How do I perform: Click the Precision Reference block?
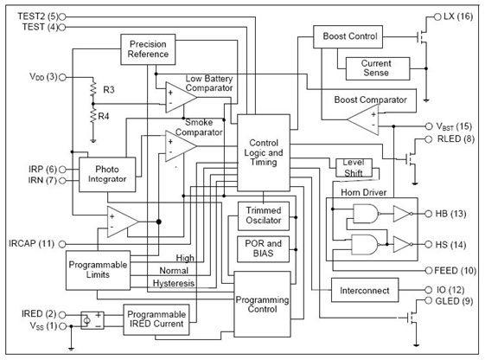148,49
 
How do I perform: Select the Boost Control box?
348,37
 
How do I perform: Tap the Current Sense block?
378,68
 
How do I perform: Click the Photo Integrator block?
107,175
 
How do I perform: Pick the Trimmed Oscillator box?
264,215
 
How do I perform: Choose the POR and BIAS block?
263,249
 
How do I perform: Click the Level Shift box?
354,168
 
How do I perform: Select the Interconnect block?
365,290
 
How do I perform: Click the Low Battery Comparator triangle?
181,97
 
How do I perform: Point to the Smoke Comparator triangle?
180,145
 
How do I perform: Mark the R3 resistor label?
109,90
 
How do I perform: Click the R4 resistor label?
104,116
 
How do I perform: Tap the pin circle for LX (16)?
437,17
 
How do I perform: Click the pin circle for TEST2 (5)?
62,16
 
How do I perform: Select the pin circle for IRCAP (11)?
62,244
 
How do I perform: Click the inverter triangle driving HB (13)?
402,214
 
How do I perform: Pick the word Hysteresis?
174,283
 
